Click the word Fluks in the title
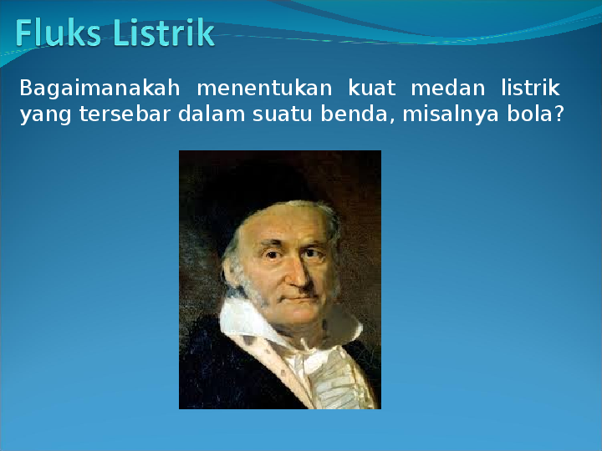tap(59, 33)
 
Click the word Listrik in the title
tap(164, 33)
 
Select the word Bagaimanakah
tap(99, 89)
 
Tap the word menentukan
tap(264, 89)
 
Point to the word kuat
tap(371, 88)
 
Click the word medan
tap(447, 88)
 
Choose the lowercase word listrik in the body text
tap(530, 88)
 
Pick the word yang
tap(45, 115)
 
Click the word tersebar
tap(125, 114)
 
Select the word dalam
tap(212, 114)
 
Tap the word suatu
tap(283, 114)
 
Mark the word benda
tap(355, 114)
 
